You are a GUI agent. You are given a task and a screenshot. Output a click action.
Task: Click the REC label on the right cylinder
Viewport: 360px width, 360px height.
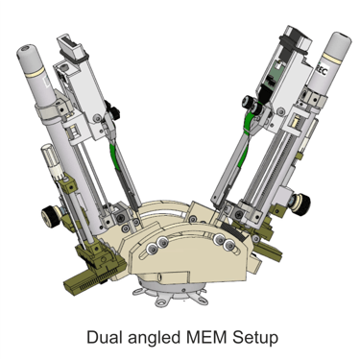click(321, 71)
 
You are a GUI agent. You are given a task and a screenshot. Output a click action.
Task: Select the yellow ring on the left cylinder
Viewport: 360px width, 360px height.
click(36, 75)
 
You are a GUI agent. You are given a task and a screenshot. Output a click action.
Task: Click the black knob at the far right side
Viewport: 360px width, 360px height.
click(300, 204)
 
